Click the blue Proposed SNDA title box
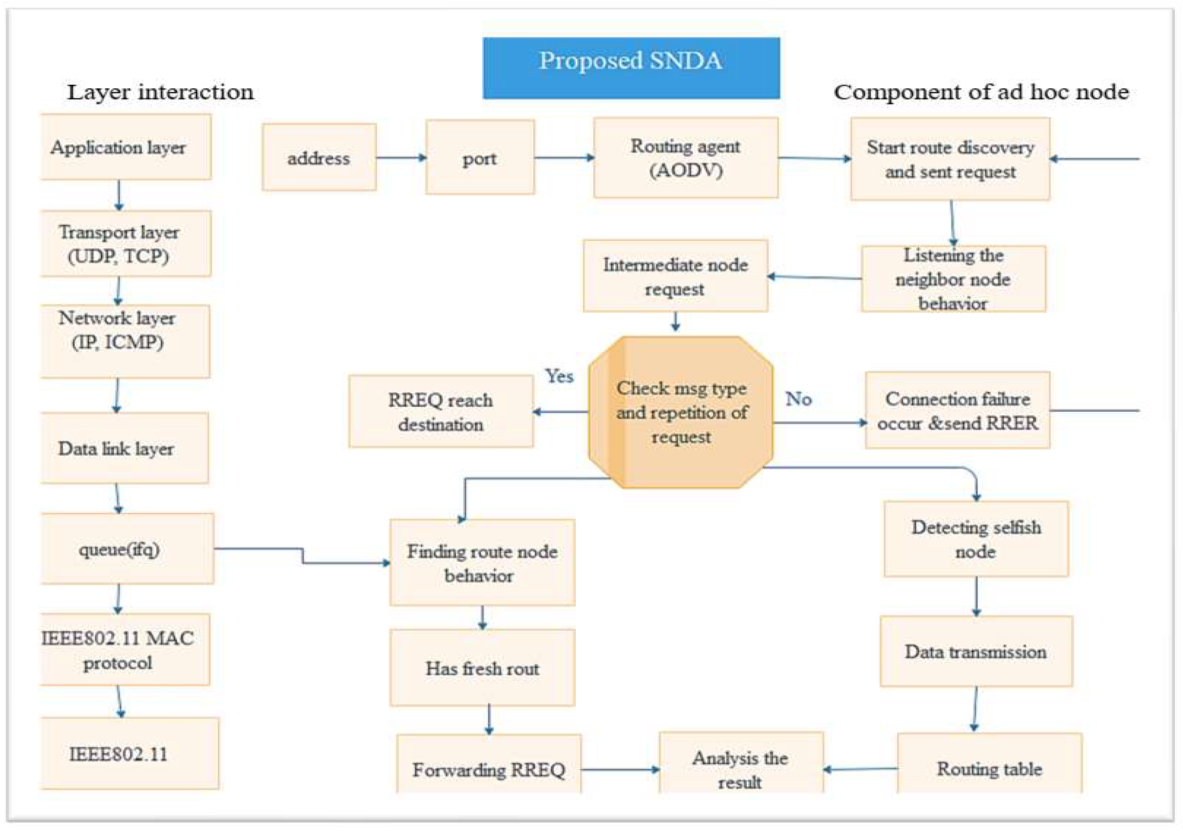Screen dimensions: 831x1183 (x=631, y=68)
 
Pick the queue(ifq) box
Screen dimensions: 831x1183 (x=126, y=548)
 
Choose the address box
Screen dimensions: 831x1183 (x=319, y=157)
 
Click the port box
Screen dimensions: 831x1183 (x=480, y=157)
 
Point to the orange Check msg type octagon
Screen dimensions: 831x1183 (x=681, y=413)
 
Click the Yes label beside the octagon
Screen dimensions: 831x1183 (x=559, y=376)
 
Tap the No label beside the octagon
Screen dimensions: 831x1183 (x=798, y=399)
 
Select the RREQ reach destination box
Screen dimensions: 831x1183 (x=441, y=411)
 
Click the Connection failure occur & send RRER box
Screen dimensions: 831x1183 (x=957, y=411)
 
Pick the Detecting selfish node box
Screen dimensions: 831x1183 (x=976, y=539)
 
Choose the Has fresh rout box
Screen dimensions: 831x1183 (x=482, y=668)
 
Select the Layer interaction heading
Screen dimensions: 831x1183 (x=160, y=92)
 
